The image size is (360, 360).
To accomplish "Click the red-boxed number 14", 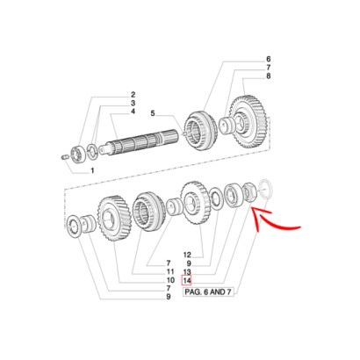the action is point(187,280).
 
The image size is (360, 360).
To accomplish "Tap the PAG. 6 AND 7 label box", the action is point(208,292).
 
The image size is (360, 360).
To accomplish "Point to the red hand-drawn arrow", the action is point(270,220).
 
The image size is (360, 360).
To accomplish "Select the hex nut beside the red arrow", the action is point(250,191).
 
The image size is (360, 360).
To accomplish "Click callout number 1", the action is point(92,170).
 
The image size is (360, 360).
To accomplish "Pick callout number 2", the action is point(133,95).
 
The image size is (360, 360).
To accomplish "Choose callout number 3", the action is point(133,103).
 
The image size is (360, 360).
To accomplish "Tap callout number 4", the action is point(133,112).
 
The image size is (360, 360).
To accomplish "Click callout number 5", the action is point(153,113).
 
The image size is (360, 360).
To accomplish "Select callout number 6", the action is point(269,59).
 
